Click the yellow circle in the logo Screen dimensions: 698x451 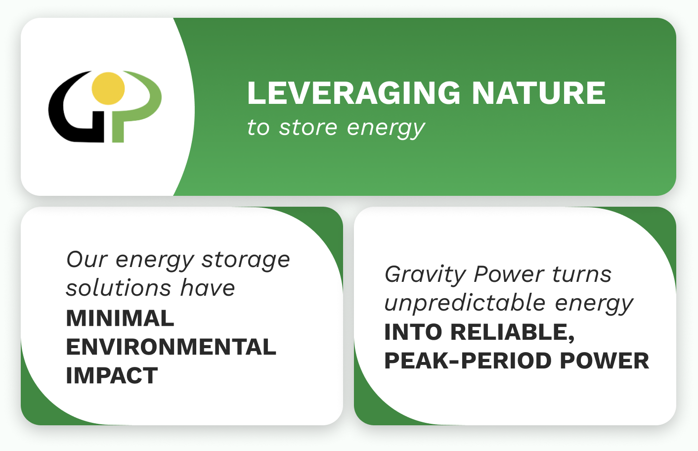tap(108, 89)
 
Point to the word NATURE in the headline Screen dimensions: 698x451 tap(539, 93)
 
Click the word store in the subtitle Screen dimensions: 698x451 tap(308, 128)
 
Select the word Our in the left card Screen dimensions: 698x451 tap(87, 260)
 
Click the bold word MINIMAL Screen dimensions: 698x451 tap(120, 318)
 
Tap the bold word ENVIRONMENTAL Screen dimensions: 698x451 tap(171, 347)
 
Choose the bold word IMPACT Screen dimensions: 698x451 tap(112, 375)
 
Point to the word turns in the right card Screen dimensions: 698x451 tap(582, 274)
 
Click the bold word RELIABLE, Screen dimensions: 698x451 tap(513, 332)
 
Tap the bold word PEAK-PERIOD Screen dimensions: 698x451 tap(468, 361)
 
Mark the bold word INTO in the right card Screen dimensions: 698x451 tap(413, 332)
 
